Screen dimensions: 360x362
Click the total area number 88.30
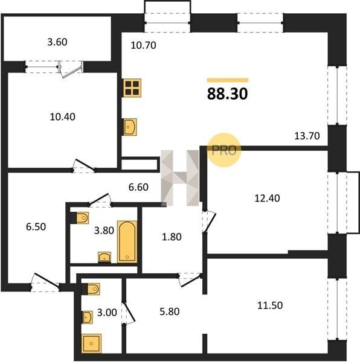click(227, 94)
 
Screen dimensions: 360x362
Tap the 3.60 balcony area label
click(57, 42)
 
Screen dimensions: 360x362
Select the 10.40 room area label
click(62, 117)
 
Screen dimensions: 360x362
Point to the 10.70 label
click(143, 45)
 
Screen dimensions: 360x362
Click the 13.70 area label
click(307, 136)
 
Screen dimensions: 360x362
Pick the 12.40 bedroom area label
click(267, 198)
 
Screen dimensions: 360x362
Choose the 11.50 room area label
click(270, 305)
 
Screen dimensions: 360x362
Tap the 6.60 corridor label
click(138, 187)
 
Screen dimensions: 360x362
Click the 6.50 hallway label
click(36, 227)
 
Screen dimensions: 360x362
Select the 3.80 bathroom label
click(104, 230)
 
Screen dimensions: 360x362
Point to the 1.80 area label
click(172, 237)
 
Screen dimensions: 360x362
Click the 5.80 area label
click(169, 312)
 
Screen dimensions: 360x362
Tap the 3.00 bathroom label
click(107, 313)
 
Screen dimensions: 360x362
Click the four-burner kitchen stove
click(132, 88)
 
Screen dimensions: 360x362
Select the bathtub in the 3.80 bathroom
click(127, 242)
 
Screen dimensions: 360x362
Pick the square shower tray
click(91, 343)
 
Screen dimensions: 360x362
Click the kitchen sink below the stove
click(130, 127)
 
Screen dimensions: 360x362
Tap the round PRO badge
click(224, 150)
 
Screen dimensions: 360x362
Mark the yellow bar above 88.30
click(228, 80)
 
